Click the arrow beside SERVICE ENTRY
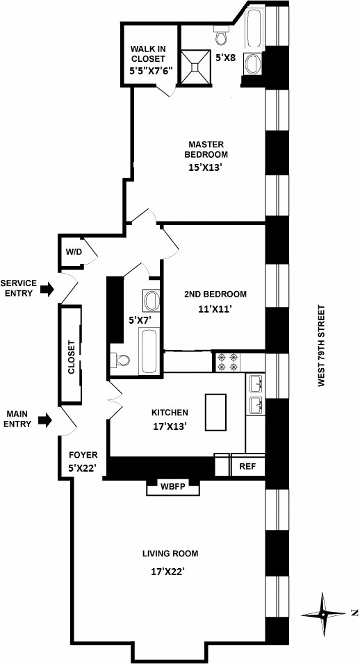tap(47, 289)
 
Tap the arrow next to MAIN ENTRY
tap(45, 420)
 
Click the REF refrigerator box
tap(247, 466)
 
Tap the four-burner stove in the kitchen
tap(228, 361)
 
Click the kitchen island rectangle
tap(215, 412)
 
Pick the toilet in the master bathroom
tap(221, 35)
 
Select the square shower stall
tap(195, 67)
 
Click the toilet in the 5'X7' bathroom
tap(121, 360)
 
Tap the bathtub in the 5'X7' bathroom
tap(149, 349)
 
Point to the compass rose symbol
tap(323, 613)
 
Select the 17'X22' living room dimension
tap(168, 572)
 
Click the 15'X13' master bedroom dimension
tap(206, 167)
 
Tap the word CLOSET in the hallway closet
tap(71, 358)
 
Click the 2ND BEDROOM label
tap(215, 294)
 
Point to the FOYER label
tap(83, 455)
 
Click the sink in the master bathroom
tap(253, 63)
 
